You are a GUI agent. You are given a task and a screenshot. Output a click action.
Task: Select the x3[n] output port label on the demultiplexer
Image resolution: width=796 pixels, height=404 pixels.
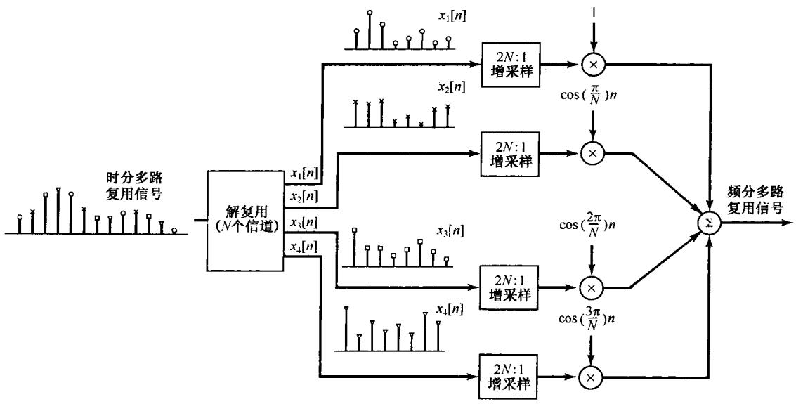coord(302,223)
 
